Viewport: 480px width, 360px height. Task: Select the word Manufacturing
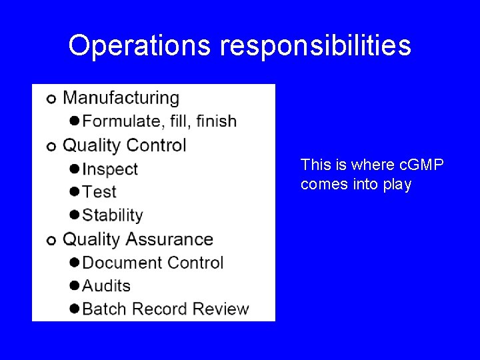[121, 98]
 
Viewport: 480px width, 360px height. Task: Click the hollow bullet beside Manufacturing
[51, 99]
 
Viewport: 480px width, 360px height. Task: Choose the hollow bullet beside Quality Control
[51, 146]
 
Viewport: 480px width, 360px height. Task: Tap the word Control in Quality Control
[156, 145]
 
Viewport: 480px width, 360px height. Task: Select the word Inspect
[110, 169]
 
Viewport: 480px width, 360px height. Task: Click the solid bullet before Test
[75, 192]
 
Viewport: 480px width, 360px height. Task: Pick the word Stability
[113, 215]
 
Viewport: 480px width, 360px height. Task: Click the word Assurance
[169, 239]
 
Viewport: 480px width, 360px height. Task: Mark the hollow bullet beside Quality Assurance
[51, 240]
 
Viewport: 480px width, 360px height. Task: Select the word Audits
[107, 285]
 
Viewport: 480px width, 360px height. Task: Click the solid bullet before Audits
[75, 286]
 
